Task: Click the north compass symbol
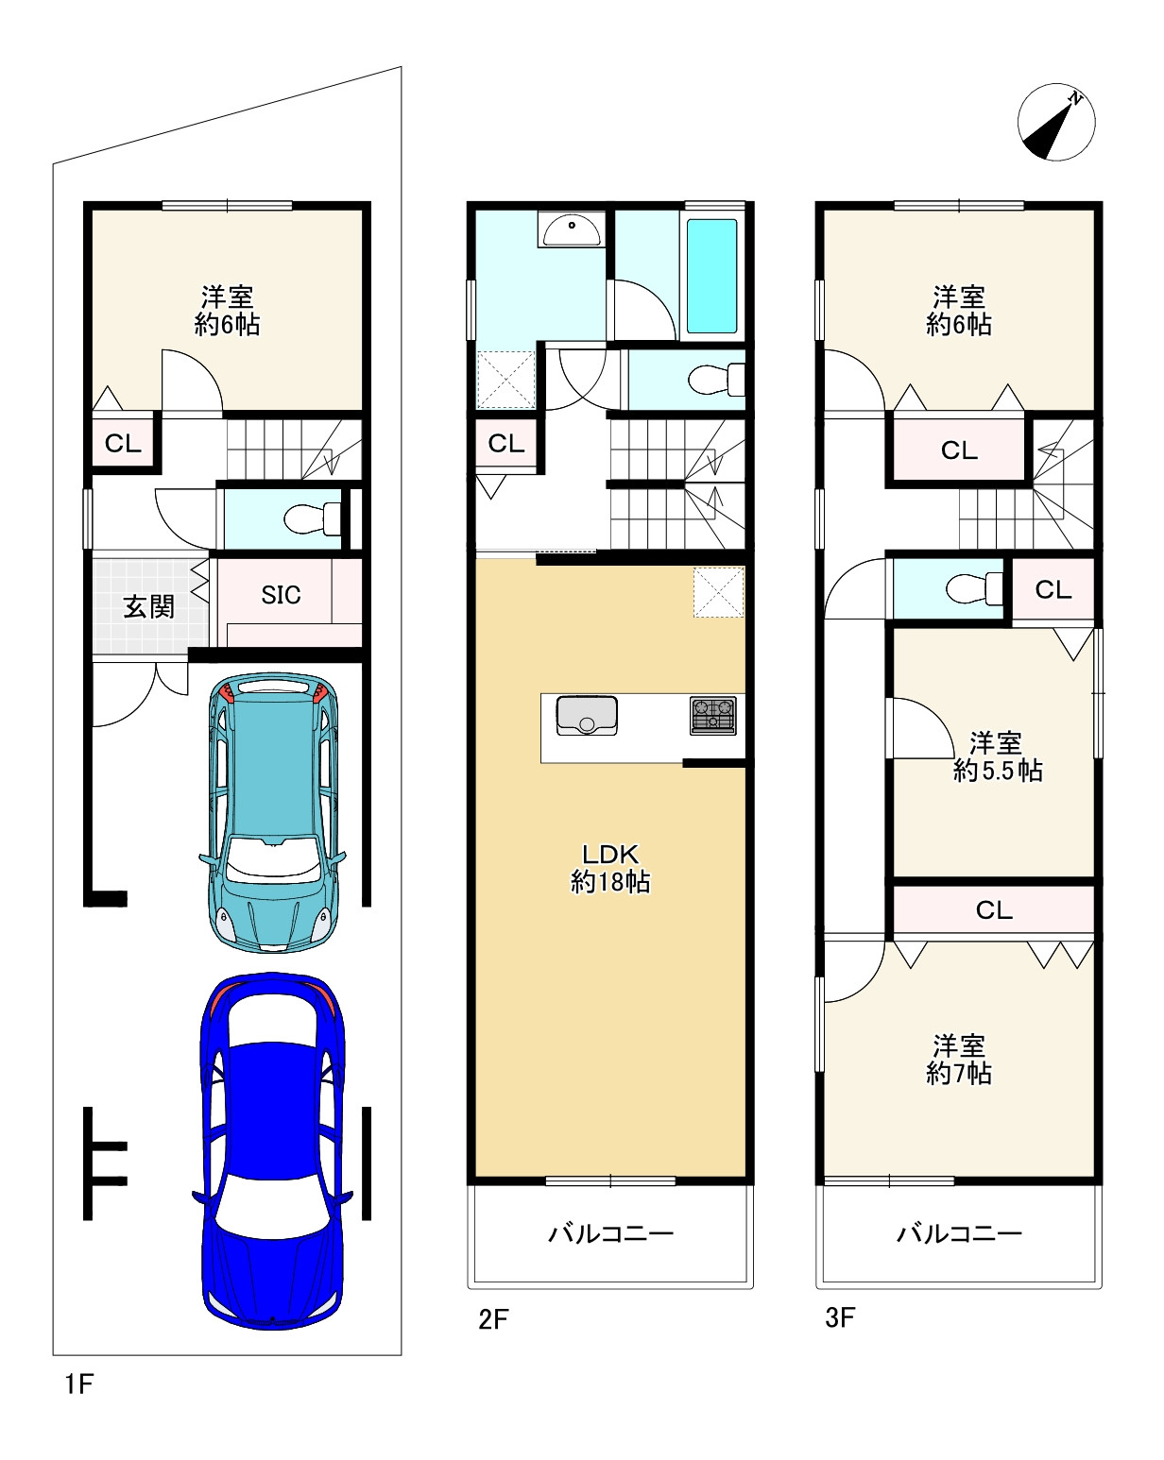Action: (1055, 123)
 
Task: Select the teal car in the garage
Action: (273, 812)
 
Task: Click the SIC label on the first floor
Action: (281, 595)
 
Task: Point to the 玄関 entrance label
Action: (148, 606)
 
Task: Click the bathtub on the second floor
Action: (712, 276)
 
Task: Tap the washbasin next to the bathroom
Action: (572, 229)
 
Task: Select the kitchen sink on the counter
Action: (587, 716)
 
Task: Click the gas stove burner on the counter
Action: (712, 716)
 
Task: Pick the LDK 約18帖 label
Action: (610, 868)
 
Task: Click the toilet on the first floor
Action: (312, 519)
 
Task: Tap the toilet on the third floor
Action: (975, 588)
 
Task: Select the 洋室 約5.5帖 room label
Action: (997, 757)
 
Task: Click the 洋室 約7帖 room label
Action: (958, 1060)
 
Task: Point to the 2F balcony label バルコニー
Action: (610, 1232)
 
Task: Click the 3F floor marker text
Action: (840, 1317)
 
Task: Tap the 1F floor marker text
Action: (78, 1384)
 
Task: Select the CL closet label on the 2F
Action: (505, 444)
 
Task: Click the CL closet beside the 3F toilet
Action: (1053, 589)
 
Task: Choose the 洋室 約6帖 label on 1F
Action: (227, 311)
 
